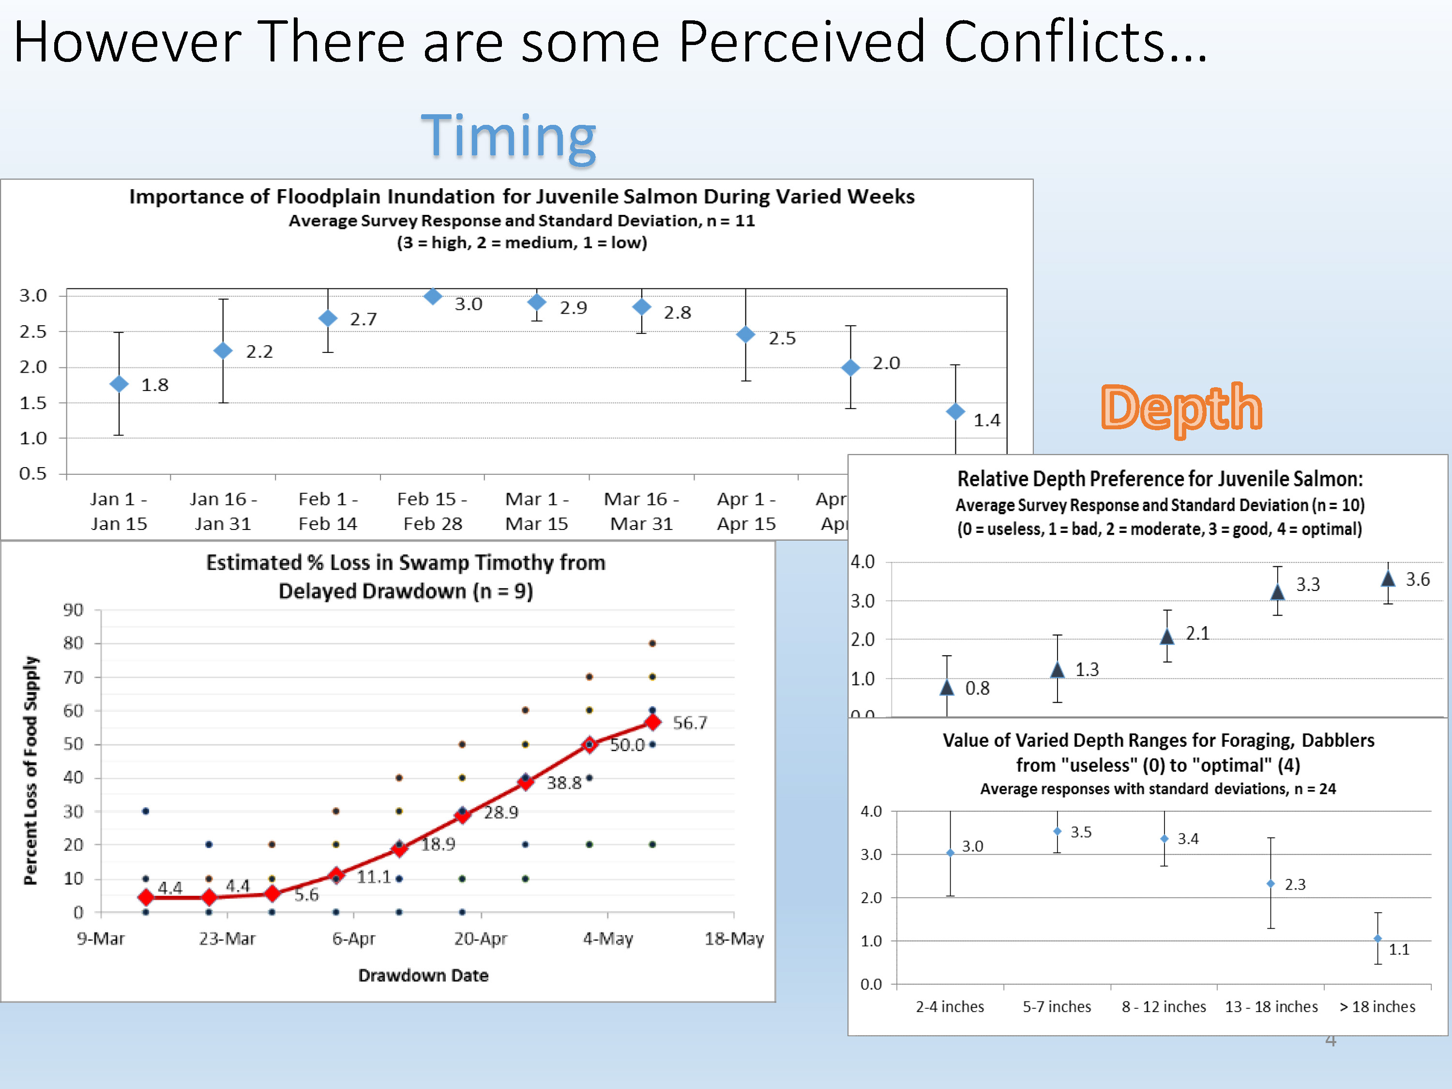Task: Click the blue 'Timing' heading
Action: click(x=508, y=136)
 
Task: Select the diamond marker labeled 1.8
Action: click(x=119, y=384)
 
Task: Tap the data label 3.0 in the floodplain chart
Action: click(x=468, y=304)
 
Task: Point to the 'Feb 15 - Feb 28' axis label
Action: click(x=433, y=512)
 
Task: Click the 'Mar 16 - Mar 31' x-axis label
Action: click(x=641, y=512)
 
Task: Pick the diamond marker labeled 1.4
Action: click(x=955, y=411)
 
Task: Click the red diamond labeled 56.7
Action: click(x=652, y=722)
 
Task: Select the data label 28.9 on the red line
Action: click(x=501, y=813)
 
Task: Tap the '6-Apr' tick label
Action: click(x=353, y=938)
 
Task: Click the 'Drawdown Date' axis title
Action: click(x=423, y=975)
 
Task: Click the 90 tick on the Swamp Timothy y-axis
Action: click(x=73, y=610)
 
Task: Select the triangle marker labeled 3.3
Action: click(x=1277, y=592)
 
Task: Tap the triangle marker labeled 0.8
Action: click(x=947, y=687)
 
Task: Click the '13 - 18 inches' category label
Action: click(x=1271, y=1007)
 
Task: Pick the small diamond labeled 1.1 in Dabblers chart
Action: click(x=1378, y=938)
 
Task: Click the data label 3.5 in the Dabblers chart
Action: click(x=1081, y=832)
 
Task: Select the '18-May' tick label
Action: click(x=734, y=938)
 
